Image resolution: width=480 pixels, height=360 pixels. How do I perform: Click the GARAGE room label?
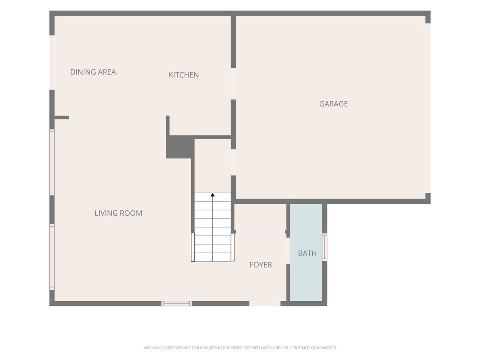pyautogui.click(x=333, y=104)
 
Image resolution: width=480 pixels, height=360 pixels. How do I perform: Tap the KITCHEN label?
pyautogui.click(x=184, y=75)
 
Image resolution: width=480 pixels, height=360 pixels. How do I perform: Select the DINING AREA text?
pyautogui.click(x=93, y=72)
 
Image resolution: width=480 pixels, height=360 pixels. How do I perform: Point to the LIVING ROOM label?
pyautogui.click(x=118, y=213)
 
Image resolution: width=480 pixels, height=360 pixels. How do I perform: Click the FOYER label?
pyautogui.click(x=261, y=265)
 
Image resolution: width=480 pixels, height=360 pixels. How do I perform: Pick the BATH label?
pyautogui.click(x=307, y=253)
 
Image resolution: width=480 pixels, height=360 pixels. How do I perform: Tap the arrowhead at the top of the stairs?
pyautogui.click(x=212, y=195)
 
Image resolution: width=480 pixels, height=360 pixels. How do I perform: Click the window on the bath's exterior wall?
pyautogui.click(x=325, y=247)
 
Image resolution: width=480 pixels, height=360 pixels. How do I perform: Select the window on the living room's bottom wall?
pyautogui.click(x=176, y=303)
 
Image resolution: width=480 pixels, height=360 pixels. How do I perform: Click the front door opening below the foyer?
pyautogui.click(x=265, y=304)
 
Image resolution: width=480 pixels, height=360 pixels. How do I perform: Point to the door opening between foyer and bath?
pyautogui.click(x=288, y=250)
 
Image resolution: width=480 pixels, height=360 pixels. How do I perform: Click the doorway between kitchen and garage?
pyautogui.click(x=233, y=84)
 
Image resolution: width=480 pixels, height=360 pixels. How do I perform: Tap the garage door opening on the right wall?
pyautogui.click(x=428, y=108)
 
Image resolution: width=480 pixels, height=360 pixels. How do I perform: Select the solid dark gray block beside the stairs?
pyautogui.click(x=180, y=147)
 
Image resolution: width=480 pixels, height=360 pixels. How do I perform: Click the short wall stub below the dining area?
pyautogui.click(x=62, y=118)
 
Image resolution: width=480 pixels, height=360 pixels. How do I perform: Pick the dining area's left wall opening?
pyautogui.click(x=52, y=62)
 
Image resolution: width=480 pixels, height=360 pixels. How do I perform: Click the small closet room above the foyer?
pyautogui.click(x=260, y=217)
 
